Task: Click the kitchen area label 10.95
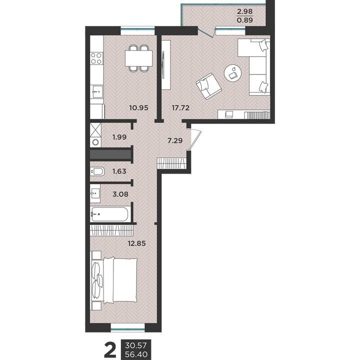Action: (138, 107)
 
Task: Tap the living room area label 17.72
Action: (180, 107)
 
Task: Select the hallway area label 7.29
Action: (175, 140)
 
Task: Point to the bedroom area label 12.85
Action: (136, 243)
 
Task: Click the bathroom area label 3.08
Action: (120, 194)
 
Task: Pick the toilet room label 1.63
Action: (119, 171)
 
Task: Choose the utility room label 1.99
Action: (119, 137)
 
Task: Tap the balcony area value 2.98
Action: (244, 11)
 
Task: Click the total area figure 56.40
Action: (136, 354)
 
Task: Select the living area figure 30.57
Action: (136, 344)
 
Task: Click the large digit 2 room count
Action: (110, 349)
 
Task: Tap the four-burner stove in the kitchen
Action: (96, 58)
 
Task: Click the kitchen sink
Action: (96, 92)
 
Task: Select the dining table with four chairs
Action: (138, 58)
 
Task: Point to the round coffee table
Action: (233, 73)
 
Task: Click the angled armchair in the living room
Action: (208, 86)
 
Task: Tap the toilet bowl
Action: (97, 171)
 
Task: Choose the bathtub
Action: (109, 214)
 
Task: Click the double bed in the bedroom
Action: (114, 280)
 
